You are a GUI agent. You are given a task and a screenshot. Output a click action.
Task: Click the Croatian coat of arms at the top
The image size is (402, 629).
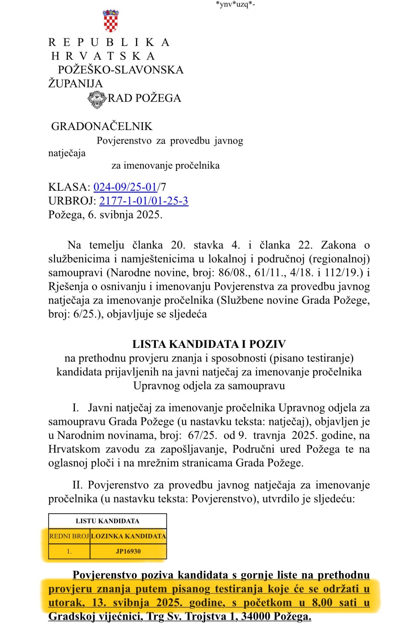click(111, 21)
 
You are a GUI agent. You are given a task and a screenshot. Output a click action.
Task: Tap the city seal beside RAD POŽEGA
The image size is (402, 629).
click(97, 100)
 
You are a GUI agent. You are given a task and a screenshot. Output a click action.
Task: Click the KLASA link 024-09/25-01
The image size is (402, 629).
click(125, 187)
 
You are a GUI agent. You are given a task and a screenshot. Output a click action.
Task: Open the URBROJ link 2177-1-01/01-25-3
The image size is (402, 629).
click(144, 201)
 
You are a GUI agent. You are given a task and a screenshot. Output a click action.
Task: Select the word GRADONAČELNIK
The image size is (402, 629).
click(102, 126)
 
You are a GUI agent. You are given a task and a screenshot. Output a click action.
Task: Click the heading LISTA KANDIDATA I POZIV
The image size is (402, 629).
click(209, 344)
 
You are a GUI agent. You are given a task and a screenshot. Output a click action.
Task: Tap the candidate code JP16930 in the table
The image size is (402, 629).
click(128, 551)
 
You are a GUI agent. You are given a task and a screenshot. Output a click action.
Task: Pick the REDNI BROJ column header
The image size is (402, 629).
click(69, 536)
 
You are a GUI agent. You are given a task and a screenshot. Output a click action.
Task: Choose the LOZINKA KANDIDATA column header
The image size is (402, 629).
click(128, 536)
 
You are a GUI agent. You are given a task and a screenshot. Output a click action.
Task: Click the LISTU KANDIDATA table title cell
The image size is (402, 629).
click(107, 521)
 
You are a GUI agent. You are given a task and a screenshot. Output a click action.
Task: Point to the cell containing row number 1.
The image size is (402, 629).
click(69, 551)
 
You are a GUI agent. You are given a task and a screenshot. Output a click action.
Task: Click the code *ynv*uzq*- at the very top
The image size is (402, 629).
click(236, 4)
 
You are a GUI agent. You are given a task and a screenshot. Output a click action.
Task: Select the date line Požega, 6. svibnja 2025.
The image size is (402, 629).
click(105, 214)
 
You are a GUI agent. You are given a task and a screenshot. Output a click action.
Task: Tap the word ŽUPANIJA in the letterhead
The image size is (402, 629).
click(75, 83)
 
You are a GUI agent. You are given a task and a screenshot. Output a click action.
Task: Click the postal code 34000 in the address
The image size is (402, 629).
click(256, 616)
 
